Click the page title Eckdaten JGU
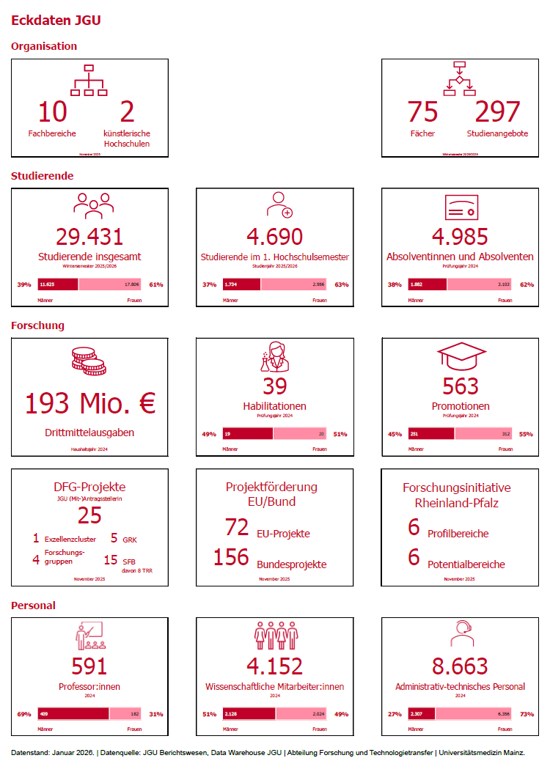coord(56,21)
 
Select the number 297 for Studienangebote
coord(497,111)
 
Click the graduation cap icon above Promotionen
coord(461,358)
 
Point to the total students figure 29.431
coord(89,236)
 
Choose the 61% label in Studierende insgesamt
coord(155,284)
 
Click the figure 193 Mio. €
coord(90,403)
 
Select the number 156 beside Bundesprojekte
coord(232,557)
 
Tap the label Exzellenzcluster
coord(70,539)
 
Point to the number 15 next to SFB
coord(110,560)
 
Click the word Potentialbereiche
coord(466,564)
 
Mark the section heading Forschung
coord(37,325)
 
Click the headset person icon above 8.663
coord(461,635)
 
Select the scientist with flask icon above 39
coord(274,358)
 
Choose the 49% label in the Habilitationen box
coord(209,434)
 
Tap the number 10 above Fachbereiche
coord(52,111)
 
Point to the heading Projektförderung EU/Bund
coord(271,494)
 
